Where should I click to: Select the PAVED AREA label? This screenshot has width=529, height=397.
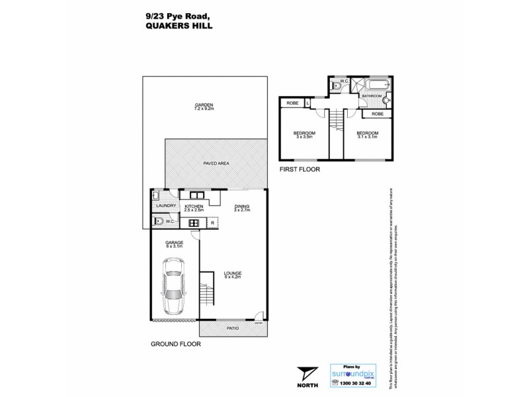[x=217, y=163]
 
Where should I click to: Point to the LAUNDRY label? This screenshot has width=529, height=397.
[x=165, y=206]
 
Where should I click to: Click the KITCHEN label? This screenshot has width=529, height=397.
[x=194, y=206]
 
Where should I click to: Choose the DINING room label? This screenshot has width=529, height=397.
[x=243, y=206]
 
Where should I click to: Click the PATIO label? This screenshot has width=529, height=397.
[x=233, y=327]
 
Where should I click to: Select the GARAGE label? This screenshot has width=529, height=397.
[x=174, y=243]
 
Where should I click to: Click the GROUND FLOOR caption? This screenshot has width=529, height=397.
[x=175, y=344]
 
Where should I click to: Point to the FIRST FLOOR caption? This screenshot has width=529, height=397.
[x=298, y=169]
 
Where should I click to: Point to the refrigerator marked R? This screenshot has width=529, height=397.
[x=212, y=222]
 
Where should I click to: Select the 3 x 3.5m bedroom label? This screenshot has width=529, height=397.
[x=304, y=135]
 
